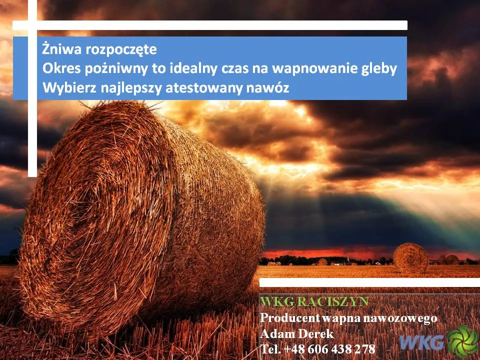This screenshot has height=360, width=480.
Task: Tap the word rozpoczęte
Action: pyautogui.click(x=121, y=50)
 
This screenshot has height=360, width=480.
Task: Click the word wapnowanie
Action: pyautogui.click(x=312, y=69)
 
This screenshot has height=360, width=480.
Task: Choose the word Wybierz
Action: pyautogui.click(x=70, y=88)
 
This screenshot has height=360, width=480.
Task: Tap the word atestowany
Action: pyautogui.click(x=204, y=88)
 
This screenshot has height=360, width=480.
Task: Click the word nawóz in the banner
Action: pyautogui.click(x=267, y=88)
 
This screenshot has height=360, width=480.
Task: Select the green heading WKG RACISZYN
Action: pyautogui.click(x=314, y=301)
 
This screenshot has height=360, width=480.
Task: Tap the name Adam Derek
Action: pyautogui.click(x=296, y=333)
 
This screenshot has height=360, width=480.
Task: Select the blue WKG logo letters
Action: pyautogui.click(x=422, y=342)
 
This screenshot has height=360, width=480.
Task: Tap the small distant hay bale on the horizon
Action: pyautogui.click(x=410, y=258)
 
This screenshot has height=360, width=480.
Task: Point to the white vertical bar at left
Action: pyautogui.click(x=32, y=88)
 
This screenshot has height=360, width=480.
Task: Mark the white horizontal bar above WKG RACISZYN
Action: pyautogui.click(x=369, y=282)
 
